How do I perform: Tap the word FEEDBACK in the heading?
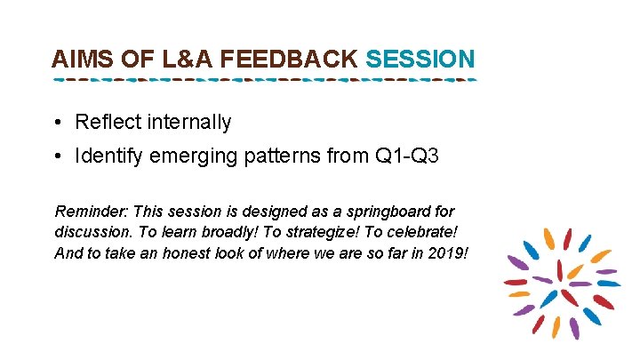(x=288, y=60)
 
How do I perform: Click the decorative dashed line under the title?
(x=265, y=80)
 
